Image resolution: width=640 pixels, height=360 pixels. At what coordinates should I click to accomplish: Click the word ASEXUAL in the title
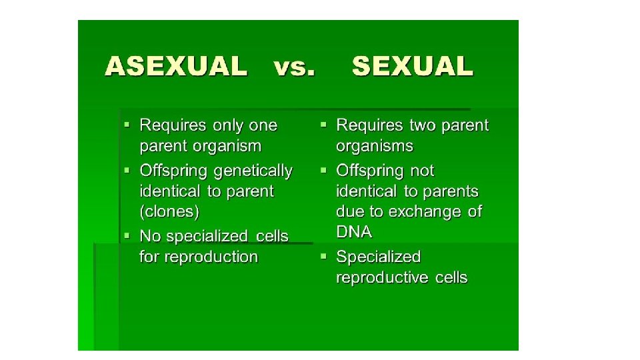175,67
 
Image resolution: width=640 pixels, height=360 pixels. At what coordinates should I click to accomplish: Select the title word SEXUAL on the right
412,67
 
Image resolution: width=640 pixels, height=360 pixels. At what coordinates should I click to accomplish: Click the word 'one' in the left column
263,125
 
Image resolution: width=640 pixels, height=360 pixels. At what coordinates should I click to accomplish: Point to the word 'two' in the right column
423,125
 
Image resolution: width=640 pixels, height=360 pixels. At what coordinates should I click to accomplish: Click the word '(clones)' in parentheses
169,212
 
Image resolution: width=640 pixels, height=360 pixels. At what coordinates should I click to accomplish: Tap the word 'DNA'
354,232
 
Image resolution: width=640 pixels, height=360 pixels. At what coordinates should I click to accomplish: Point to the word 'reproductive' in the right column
381,277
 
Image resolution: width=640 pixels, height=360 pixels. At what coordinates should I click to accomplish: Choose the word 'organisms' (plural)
375,146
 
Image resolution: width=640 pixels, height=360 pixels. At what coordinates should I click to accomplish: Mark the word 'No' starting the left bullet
149,236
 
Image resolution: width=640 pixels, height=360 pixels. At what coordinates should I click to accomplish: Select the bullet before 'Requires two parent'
323,125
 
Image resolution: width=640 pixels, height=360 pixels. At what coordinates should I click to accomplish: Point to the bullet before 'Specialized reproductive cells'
323,257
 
